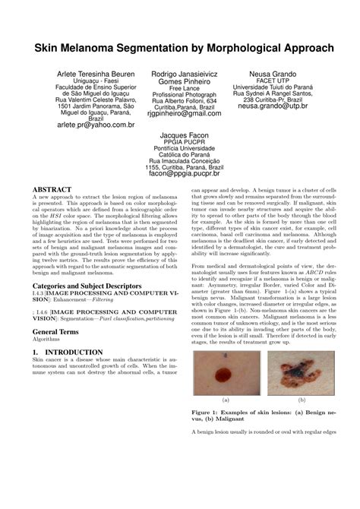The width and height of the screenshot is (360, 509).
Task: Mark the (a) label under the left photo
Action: [226, 399]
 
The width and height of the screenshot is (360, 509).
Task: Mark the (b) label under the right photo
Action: [302, 399]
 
